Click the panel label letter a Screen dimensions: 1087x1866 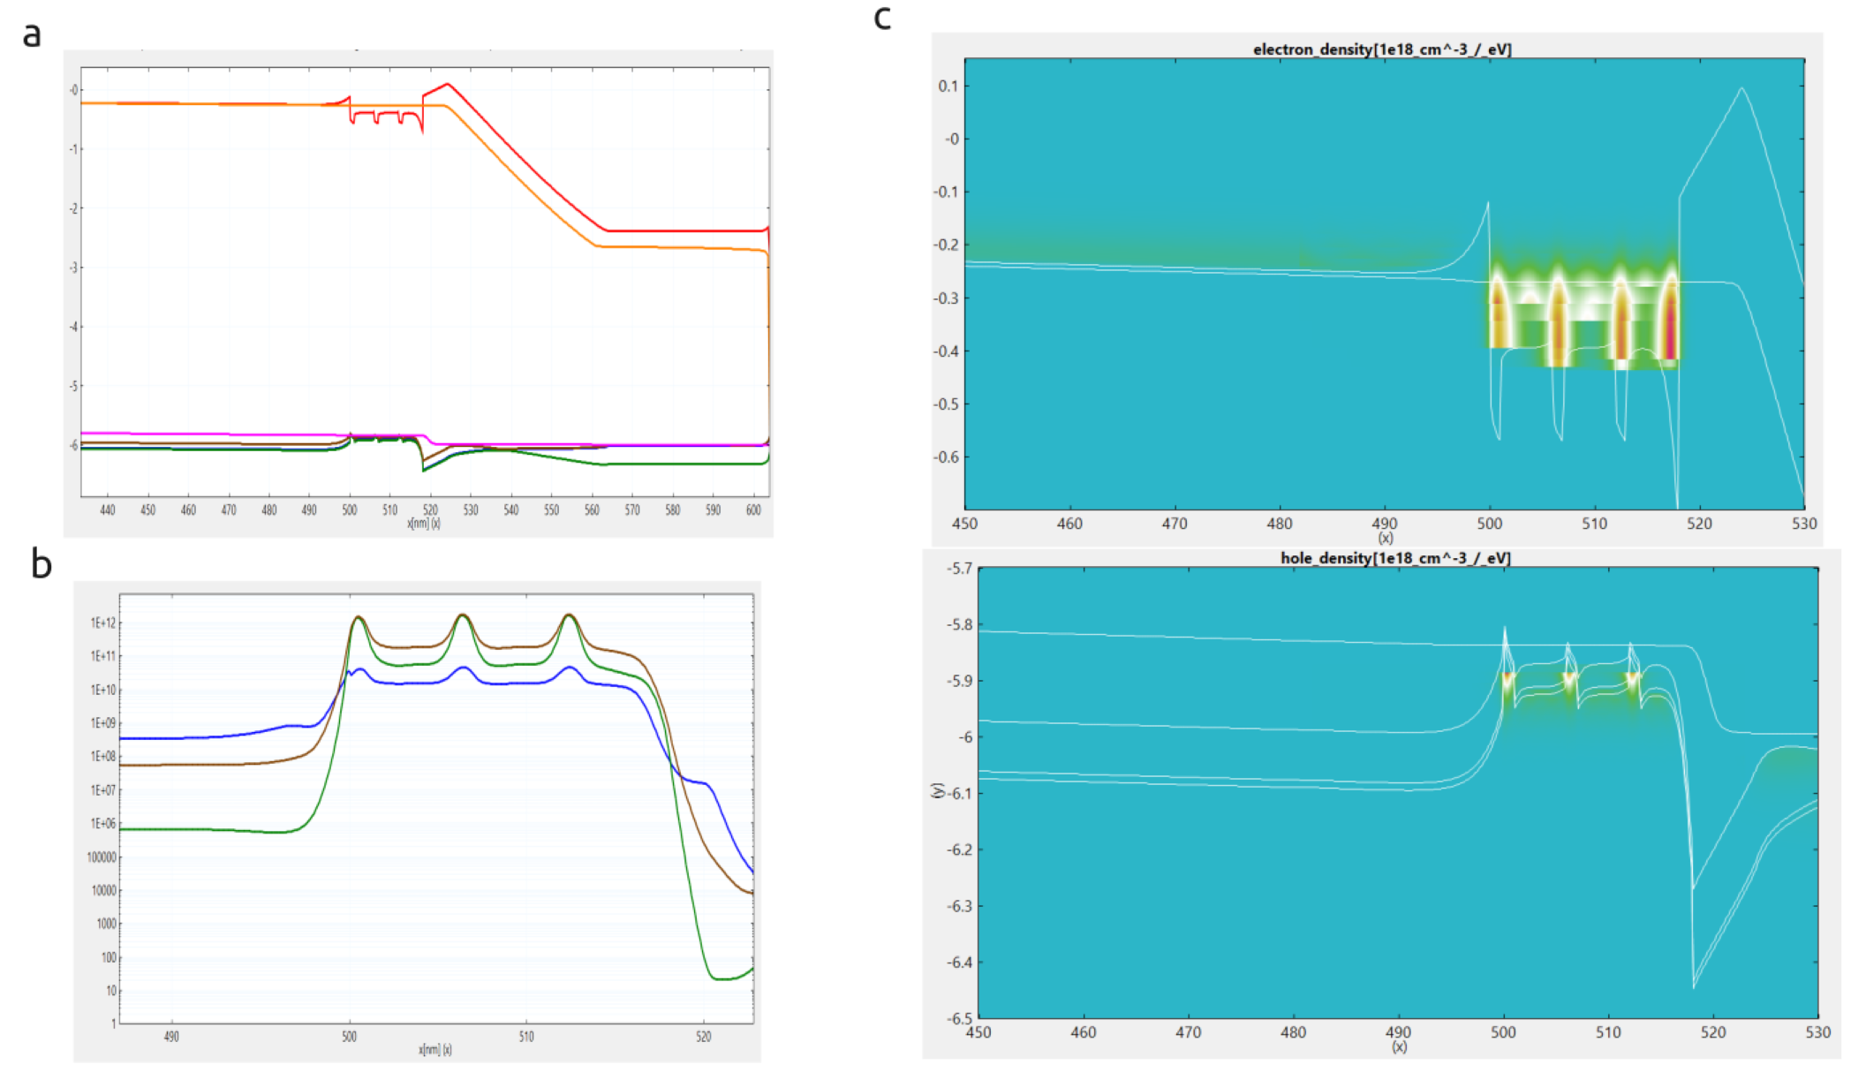coord(32,35)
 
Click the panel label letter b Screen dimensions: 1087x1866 coord(41,563)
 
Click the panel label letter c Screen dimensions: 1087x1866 coord(881,18)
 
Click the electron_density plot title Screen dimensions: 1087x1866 coord(1381,49)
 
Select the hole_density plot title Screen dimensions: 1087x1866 coord(1394,558)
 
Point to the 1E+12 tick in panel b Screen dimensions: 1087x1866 coord(103,623)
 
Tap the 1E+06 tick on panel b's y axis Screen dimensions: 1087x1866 coord(103,824)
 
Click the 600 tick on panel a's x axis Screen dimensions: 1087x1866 coord(752,510)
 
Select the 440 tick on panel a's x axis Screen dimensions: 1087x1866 coord(108,510)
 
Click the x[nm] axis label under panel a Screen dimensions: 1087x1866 coord(423,523)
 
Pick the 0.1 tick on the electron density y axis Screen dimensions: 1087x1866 coord(948,87)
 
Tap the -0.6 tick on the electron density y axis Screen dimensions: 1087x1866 coord(946,457)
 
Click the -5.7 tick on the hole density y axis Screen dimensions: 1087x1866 coord(959,569)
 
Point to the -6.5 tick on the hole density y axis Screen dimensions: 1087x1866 coord(959,1018)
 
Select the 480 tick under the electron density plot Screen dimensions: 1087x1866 coord(1279,524)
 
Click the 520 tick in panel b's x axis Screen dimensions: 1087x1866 coord(703,1037)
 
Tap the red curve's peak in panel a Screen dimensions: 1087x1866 coord(448,84)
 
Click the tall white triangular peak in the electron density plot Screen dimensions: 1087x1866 coord(1741,88)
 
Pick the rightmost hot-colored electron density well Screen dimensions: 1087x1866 coord(1668,318)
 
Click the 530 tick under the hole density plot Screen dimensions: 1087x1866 coord(1817,1032)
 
